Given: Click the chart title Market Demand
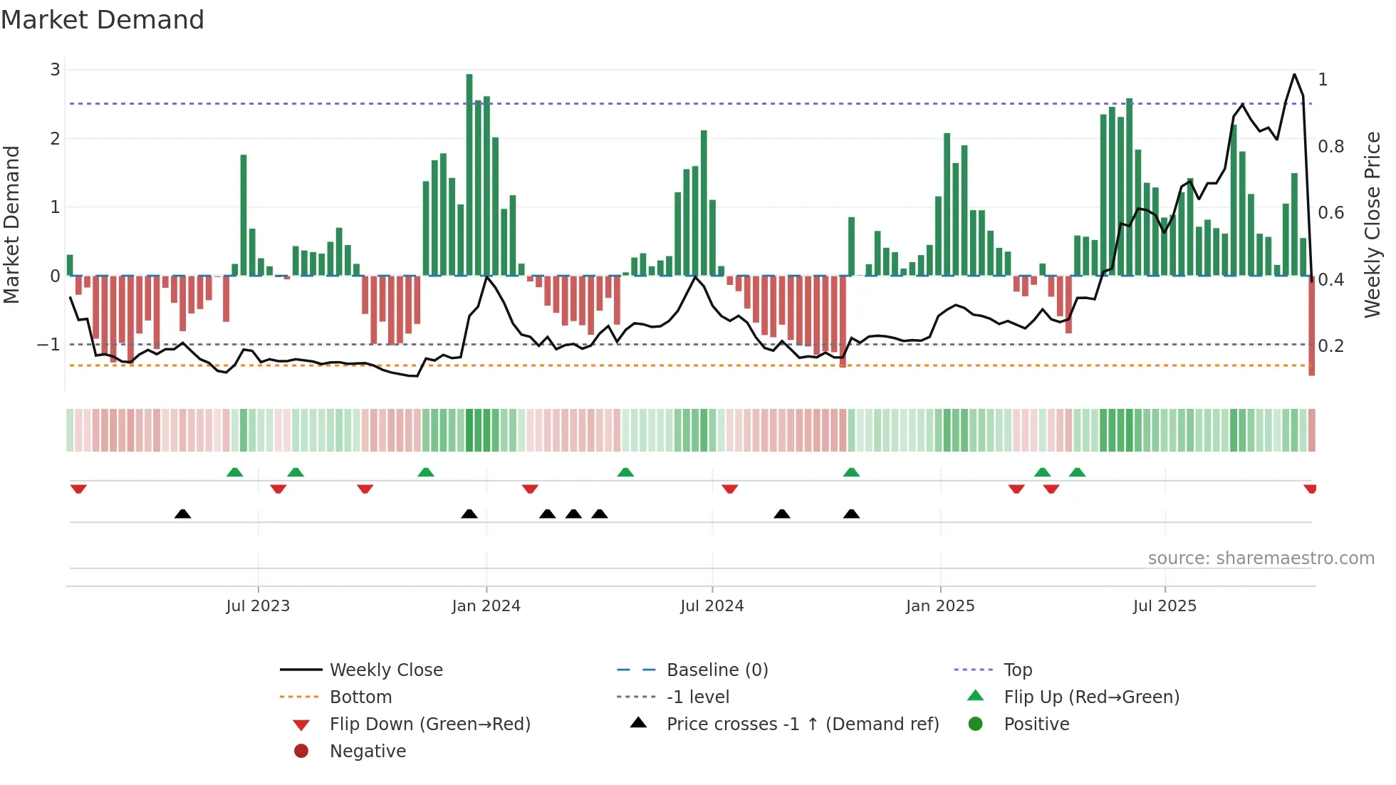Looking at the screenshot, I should coord(103,20).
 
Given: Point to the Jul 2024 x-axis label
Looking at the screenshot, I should coord(712,606).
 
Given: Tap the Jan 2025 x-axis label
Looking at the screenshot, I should coord(939,606).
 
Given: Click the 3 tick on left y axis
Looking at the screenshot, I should coord(55,70).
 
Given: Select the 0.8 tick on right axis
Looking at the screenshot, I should coord(1330,147).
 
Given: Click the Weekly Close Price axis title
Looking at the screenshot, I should coord(1372,224).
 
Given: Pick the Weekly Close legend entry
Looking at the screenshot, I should coord(385,670).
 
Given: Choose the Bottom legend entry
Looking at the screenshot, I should coord(360,697).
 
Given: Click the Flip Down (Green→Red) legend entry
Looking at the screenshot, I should coord(429,724).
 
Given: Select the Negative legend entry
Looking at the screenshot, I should coord(368,752).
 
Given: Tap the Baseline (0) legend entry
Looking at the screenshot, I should coord(717,670).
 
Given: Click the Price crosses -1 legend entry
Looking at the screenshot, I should coord(802,724).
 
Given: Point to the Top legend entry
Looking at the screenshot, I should coord(1017,670).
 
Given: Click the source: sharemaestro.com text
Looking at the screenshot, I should coord(1261,558).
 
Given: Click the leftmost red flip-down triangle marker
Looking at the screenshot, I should coord(78,489).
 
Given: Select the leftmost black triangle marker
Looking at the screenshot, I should coord(182,514).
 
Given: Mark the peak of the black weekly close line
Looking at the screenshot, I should coord(1294,74).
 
